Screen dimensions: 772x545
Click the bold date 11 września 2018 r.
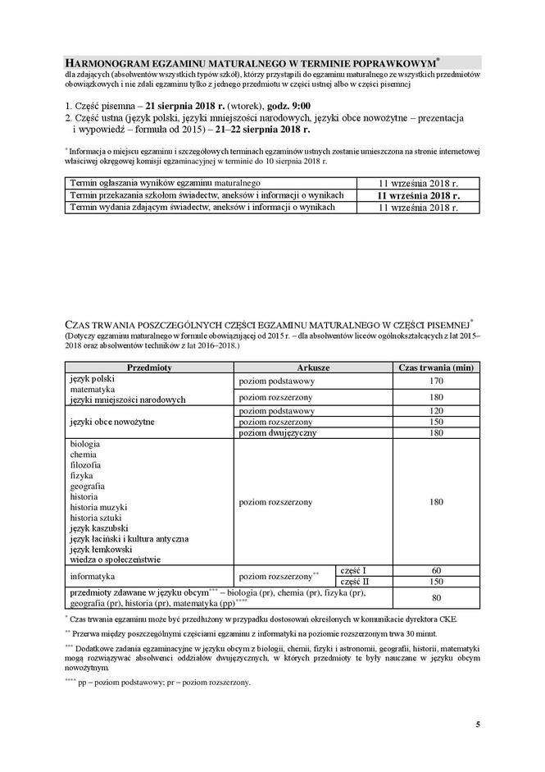pos(418,196)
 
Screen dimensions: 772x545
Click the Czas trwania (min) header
pos(435,368)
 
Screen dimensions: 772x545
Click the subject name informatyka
pos(95,576)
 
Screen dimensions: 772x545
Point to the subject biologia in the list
pos(85,444)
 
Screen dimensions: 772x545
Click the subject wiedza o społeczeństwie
pos(116,560)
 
